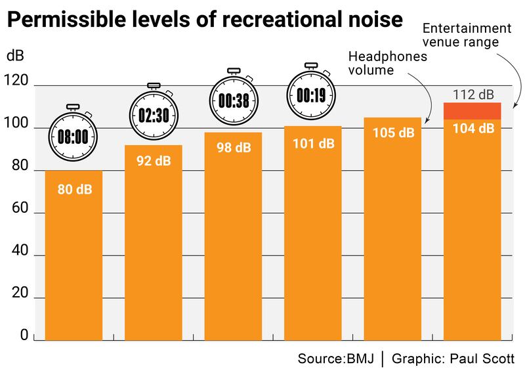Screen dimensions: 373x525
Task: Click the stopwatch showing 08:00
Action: (x=73, y=135)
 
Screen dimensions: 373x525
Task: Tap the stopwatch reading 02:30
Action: (x=154, y=114)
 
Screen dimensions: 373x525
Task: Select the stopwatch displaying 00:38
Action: (x=234, y=99)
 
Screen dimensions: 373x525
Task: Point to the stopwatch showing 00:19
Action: (x=311, y=95)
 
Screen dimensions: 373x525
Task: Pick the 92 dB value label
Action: (x=154, y=160)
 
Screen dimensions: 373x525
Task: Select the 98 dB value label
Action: (x=234, y=148)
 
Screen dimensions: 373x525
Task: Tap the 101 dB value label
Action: (x=313, y=143)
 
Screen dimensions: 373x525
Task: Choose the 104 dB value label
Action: (x=473, y=129)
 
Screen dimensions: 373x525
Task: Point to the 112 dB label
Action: (x=473, y=95)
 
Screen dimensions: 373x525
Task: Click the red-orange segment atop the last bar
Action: (x=473, y=111)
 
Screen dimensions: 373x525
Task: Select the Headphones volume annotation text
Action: (x=387, y=63)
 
